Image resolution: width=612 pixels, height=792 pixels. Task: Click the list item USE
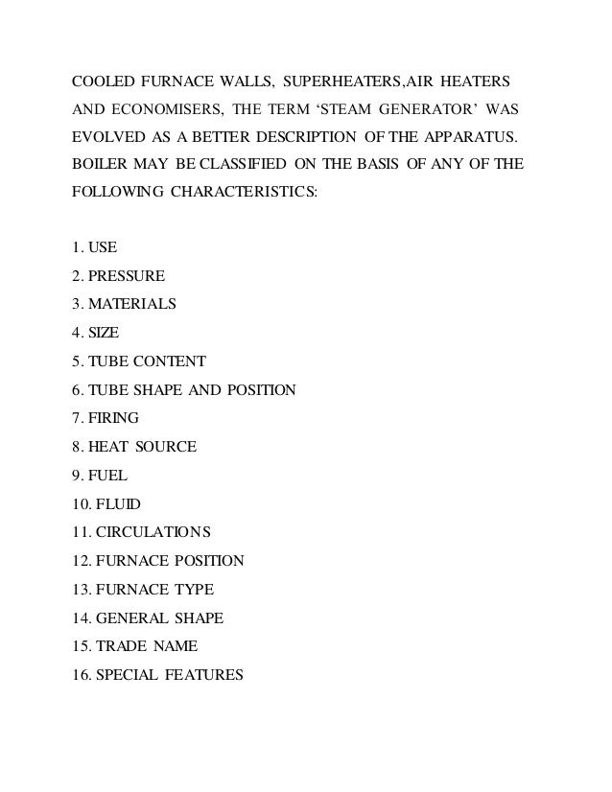coord(105,249)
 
